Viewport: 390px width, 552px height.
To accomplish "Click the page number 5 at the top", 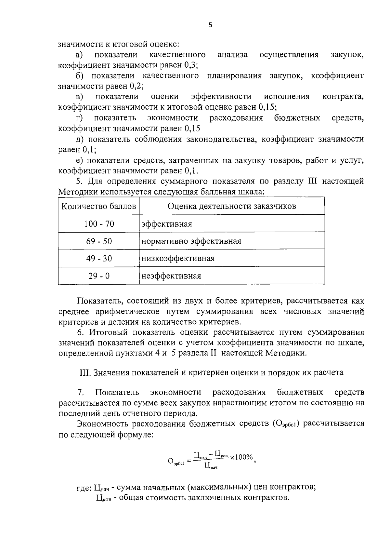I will point(210,25).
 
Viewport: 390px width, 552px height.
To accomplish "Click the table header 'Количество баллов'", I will point(99,206).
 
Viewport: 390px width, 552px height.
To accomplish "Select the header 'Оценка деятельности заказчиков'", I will point(232,206).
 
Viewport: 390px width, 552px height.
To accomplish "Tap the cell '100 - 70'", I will point(99,224).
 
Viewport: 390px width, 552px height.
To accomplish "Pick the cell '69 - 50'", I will point(99,241).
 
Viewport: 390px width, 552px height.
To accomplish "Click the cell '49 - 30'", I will point(99,258).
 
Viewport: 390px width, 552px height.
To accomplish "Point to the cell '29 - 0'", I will point(99,276).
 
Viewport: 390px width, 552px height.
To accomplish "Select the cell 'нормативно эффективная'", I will point(191,241).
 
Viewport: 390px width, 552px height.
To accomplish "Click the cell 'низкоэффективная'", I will point(178,258).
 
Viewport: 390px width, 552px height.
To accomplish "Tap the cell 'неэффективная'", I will point(171,276).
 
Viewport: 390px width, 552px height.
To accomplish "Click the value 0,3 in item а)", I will point(190,65).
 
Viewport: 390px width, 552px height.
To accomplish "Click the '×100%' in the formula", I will point(241,457).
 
